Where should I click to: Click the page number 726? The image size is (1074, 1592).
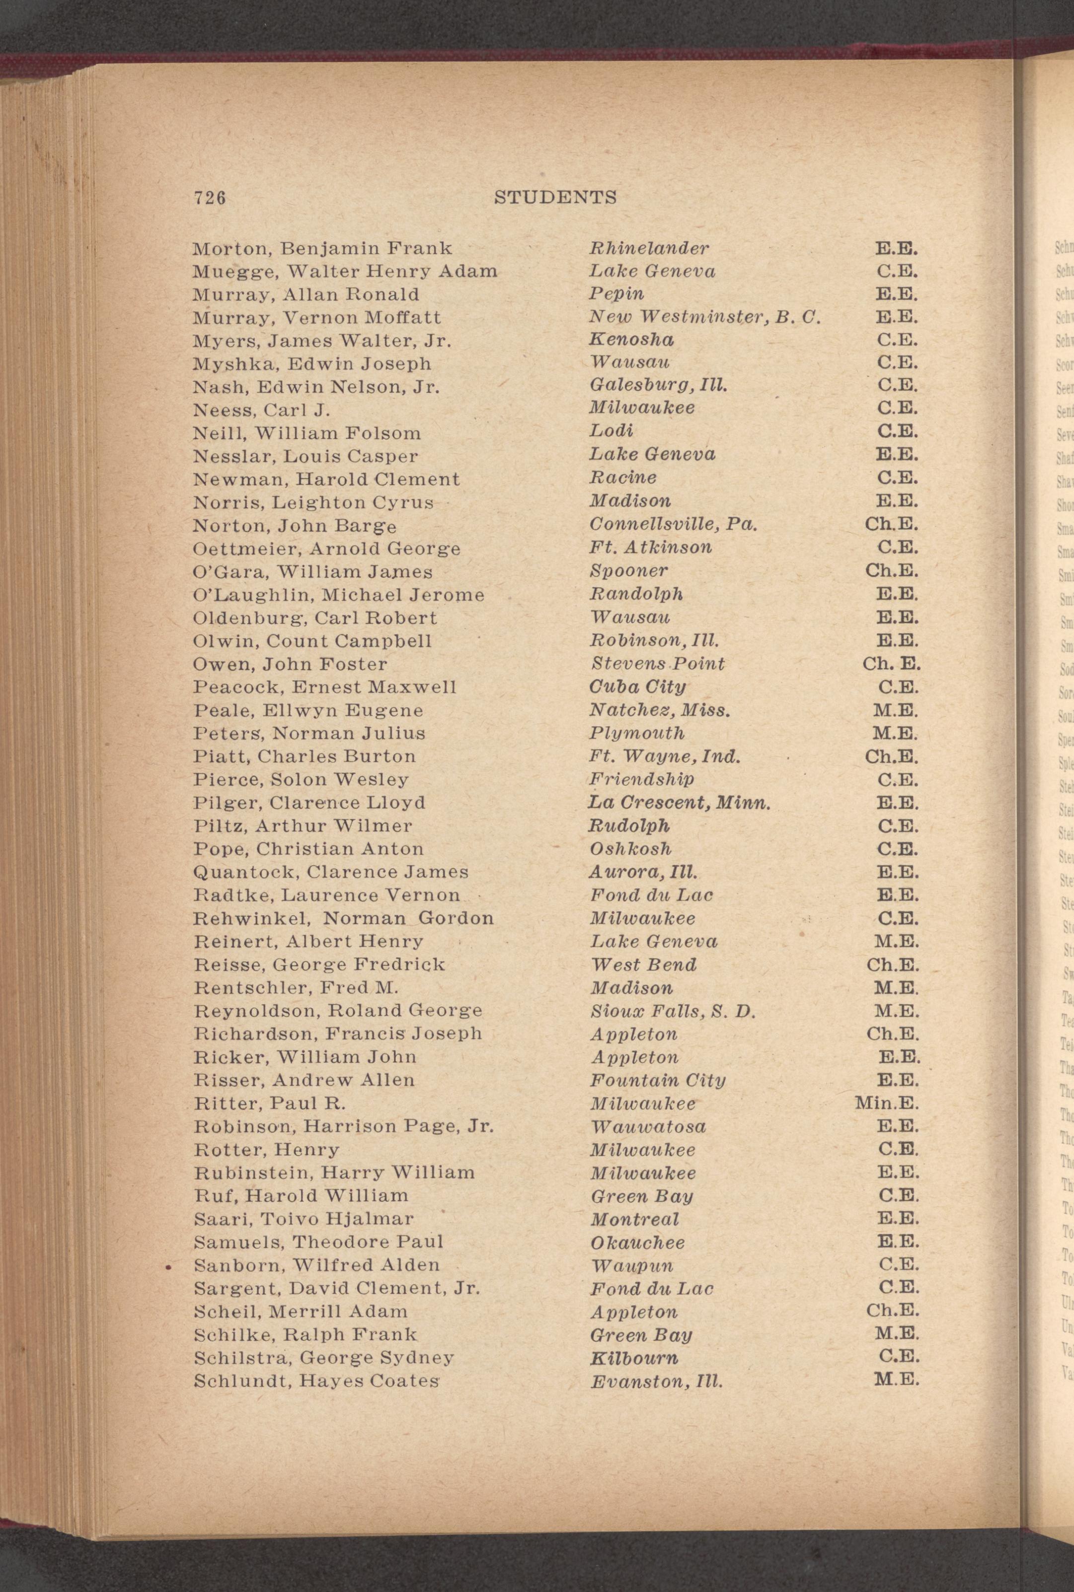point(210,198)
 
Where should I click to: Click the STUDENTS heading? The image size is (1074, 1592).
point(555,198)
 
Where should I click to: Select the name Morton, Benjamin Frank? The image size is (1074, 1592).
point(322,248)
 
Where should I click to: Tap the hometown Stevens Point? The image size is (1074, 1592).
point(657,664)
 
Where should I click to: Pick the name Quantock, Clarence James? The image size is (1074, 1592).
point(331,872)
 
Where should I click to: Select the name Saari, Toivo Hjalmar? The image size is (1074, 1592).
point(304,1219)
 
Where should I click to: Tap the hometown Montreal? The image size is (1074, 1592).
point(634,1219)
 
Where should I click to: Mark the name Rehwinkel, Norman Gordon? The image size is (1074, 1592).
point(344,918)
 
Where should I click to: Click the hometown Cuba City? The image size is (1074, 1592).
point(637,687)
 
